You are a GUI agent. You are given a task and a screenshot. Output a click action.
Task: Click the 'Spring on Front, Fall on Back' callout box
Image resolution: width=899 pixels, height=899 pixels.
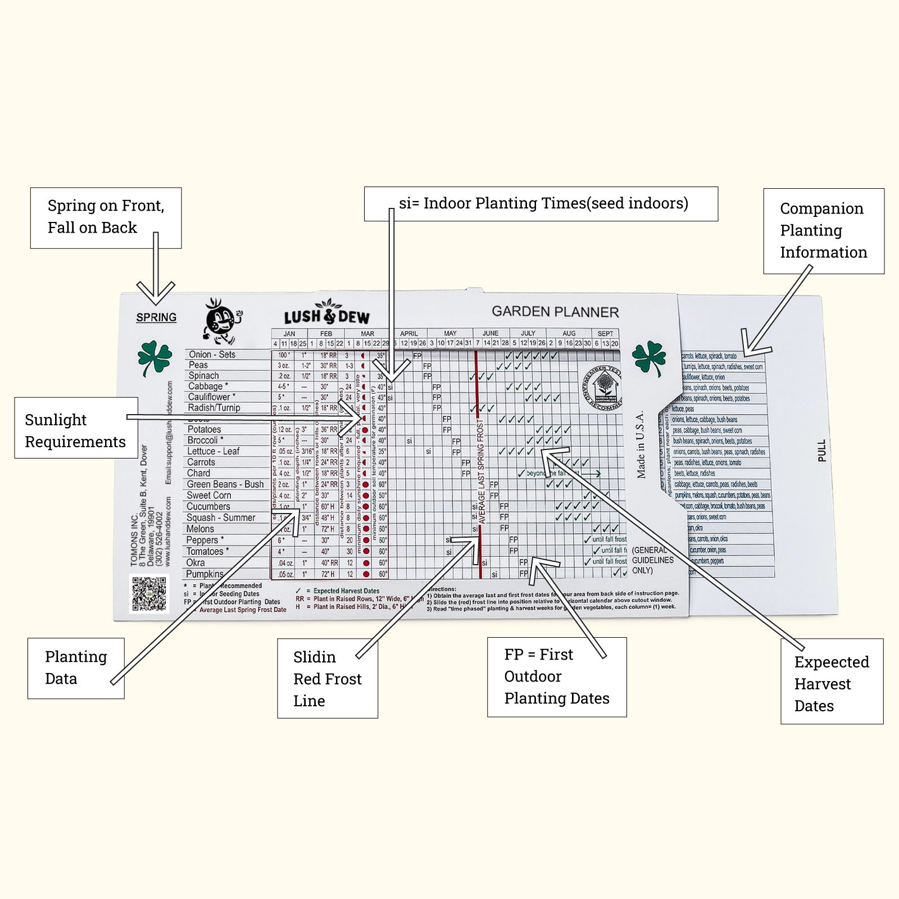point(106,217)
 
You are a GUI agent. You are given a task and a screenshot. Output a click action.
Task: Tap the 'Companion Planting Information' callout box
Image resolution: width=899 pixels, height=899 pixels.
point(823,231)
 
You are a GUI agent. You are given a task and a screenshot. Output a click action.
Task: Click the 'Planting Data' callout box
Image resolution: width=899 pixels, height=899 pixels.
point(76,668)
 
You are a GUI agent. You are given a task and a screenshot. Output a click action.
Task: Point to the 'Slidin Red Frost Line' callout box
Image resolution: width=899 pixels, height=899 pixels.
point(327,679)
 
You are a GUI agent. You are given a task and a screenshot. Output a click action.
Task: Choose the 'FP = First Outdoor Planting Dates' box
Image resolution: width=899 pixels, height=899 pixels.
point(556,676)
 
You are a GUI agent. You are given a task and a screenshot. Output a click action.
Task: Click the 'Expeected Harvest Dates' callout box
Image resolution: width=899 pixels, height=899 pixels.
point(832,681)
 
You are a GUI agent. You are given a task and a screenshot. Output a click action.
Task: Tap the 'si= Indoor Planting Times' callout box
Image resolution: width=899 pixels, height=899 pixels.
point(541,203)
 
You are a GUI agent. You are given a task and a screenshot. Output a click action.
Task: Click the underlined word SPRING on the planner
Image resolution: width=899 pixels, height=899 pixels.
point(156,317)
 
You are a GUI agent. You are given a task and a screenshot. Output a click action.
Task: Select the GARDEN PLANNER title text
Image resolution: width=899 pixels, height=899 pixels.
point(555,312)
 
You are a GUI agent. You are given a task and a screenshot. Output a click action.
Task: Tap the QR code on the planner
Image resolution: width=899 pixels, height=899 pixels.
point(149,593)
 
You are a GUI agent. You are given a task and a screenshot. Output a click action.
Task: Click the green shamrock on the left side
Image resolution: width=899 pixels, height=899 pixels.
point(154,357)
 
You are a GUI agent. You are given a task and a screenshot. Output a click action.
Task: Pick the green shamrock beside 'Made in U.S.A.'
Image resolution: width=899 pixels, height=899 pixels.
point(648,357)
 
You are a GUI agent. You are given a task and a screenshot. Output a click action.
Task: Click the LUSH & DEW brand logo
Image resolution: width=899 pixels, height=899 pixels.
point(326,315)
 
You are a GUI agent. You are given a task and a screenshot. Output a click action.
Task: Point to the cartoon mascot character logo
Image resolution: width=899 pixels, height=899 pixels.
point(222,321)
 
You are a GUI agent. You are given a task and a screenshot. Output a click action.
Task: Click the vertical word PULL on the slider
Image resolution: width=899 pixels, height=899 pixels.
point(822,451)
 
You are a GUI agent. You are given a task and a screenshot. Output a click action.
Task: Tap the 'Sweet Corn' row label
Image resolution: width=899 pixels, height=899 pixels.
point(208,496)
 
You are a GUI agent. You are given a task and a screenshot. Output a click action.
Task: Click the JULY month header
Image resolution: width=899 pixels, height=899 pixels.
point(528,333)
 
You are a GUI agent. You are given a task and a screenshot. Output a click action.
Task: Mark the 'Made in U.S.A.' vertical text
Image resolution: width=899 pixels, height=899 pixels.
point(641,444)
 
